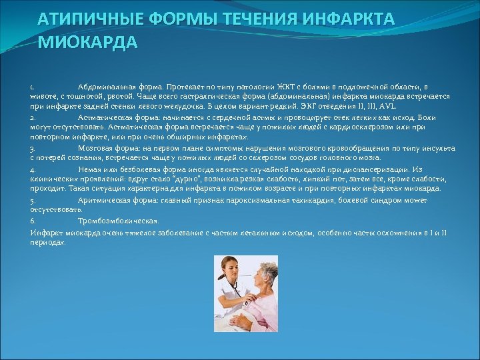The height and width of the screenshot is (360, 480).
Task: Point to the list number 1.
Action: click(32, 87)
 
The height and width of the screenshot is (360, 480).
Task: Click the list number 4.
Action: click(32, 170)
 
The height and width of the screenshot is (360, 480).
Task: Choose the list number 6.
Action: click(32, 221)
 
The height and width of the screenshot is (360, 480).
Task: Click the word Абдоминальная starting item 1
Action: click(103, 87)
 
